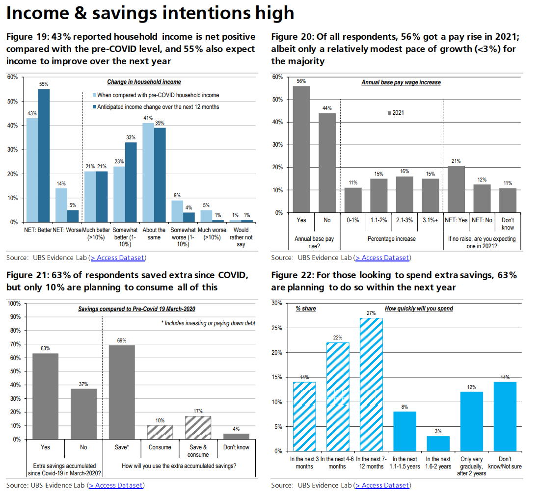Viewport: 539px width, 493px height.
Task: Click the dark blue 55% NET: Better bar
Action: click(x=44, y=156)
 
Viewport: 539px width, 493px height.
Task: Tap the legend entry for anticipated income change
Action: click(x=158, y=106)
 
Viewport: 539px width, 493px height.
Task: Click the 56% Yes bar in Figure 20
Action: click(x=301, y=149)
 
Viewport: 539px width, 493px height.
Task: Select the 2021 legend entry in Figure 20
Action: click(x=396, y=113)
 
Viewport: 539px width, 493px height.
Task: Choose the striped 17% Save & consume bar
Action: click(x=198, y=427)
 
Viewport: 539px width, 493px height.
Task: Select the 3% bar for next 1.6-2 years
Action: click(x=438, y=443)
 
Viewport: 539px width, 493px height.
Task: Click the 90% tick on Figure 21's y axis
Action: click(x=15, y=317)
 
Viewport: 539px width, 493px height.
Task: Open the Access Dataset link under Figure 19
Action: click(x=118, y=258)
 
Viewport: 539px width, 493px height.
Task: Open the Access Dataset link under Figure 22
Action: click(x=382, y=485)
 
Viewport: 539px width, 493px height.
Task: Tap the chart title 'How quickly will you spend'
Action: click(x=419, y=309)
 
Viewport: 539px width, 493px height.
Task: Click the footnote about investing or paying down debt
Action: click(x=208, y=323)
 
